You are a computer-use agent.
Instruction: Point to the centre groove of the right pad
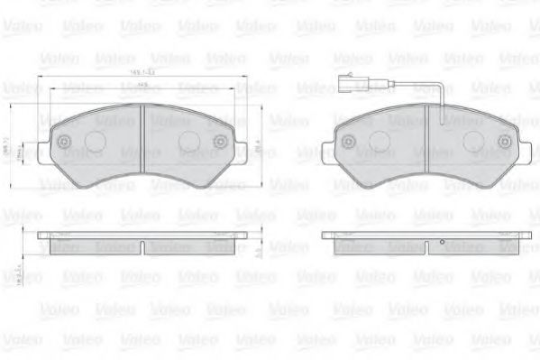(426, 144)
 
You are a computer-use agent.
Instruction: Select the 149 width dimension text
(142, 87)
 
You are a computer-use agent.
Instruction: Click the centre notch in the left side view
(142, 246)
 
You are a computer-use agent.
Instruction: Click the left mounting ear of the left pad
(50, 146)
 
